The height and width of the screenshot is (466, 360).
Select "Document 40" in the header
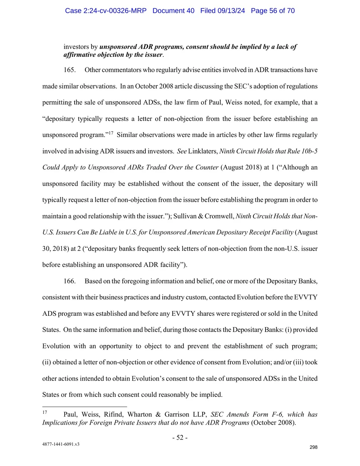[173, 11]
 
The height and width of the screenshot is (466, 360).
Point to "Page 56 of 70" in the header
[273, 11]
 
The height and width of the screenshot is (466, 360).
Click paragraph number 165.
[69, 70]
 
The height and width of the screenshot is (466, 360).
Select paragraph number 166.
[69, 281]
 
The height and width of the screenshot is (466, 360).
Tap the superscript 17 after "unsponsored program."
[111, 133]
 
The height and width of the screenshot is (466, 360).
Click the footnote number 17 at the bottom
[44, 412]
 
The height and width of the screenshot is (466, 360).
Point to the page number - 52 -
[180, 437]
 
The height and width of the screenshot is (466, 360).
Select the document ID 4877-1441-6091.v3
[61, 444]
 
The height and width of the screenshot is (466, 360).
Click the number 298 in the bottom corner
[313, 447]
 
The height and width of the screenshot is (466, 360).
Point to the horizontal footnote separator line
[84, 407]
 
